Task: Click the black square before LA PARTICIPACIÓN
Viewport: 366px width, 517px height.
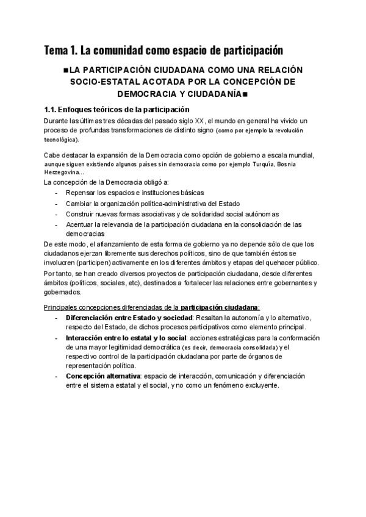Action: (66, 70)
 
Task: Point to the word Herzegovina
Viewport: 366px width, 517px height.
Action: (64, 173)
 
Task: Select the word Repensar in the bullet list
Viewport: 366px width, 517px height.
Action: (82, 193)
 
